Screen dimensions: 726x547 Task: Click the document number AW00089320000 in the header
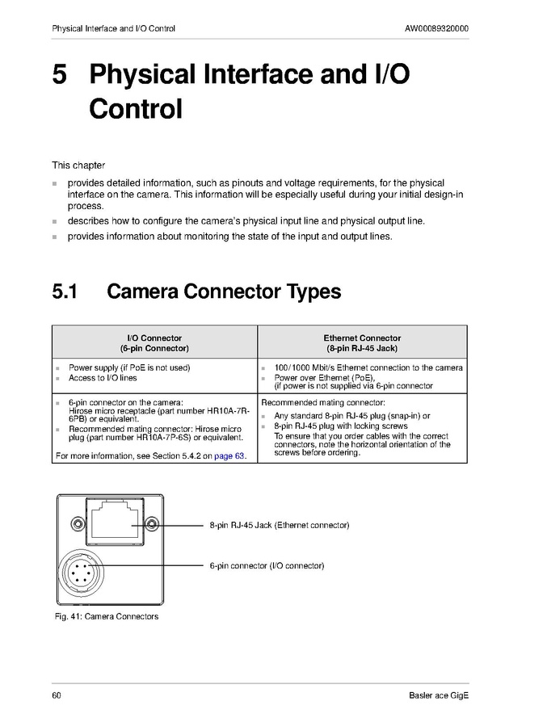click(x=437, y=29)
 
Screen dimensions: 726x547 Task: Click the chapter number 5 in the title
click(x=60, y=75)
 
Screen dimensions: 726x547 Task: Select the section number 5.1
click(x=65, y=291)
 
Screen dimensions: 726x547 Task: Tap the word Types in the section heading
click(x=311, y=291)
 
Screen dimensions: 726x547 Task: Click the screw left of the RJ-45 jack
click(x=78, y=522)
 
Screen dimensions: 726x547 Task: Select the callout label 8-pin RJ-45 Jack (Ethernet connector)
click(x=279, y=526)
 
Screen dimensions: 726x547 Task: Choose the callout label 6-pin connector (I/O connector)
click(x=267, y=566)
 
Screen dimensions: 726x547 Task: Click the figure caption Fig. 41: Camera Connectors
click(x=105, y=617)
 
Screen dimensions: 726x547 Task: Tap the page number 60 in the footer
click(x=57, y=696)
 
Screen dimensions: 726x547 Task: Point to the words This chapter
click(x=78, y=166)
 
